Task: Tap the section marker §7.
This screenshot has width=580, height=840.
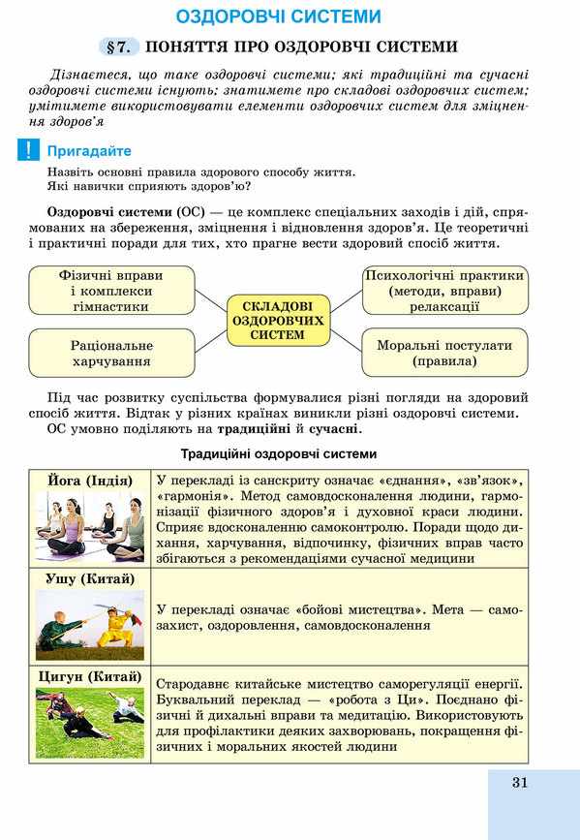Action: [120, 47]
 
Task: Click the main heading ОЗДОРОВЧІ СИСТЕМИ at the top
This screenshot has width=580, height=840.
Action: [278, 16]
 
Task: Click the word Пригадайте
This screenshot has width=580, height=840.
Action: [89, 151]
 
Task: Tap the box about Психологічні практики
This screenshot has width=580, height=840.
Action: [444, 290]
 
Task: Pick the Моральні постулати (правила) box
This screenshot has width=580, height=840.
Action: [444, 353]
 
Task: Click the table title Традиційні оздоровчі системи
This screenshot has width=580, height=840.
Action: [279, 453]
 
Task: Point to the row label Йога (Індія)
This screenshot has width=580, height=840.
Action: [90, 481]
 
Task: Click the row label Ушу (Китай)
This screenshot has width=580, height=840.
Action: [90, 578]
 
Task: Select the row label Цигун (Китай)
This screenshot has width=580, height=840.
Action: [90, 676]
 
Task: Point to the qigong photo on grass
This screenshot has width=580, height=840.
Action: [90, 722]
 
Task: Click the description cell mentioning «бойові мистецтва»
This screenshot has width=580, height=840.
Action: [339, 617]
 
